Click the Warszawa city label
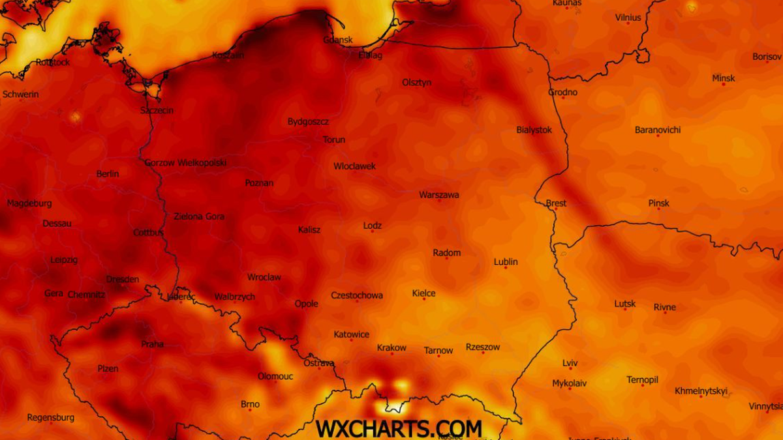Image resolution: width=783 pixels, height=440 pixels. pos(439,194)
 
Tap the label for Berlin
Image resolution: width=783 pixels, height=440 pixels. pos(108,173)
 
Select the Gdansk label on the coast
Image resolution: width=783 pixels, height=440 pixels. pos(338,40)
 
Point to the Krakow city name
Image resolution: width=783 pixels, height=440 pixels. pos(391,347)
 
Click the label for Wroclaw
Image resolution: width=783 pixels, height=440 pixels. pos(264,277)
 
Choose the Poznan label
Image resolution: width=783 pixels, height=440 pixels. pos(259,183)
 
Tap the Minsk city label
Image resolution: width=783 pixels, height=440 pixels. pos(723,78)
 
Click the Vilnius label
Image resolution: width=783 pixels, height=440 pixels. pos(628,18)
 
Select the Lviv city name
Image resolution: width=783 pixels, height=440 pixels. pos(570,363)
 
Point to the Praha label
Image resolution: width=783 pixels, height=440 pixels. pos(153,344)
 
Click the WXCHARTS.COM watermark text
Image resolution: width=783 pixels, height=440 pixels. pos(399,428)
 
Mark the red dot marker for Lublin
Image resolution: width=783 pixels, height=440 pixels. pos(505,268)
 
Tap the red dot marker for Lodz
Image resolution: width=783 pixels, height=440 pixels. pos(373,231)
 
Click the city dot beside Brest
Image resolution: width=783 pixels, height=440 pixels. pos(555,209)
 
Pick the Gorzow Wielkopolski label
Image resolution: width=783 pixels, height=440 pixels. pos(185,162)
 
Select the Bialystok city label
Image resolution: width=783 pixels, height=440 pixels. pos(534,130)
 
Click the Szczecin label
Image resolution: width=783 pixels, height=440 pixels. pos(157,110)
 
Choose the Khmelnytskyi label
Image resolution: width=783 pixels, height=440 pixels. pos(701,391)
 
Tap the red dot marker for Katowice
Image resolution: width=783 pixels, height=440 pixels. pos(351,340)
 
